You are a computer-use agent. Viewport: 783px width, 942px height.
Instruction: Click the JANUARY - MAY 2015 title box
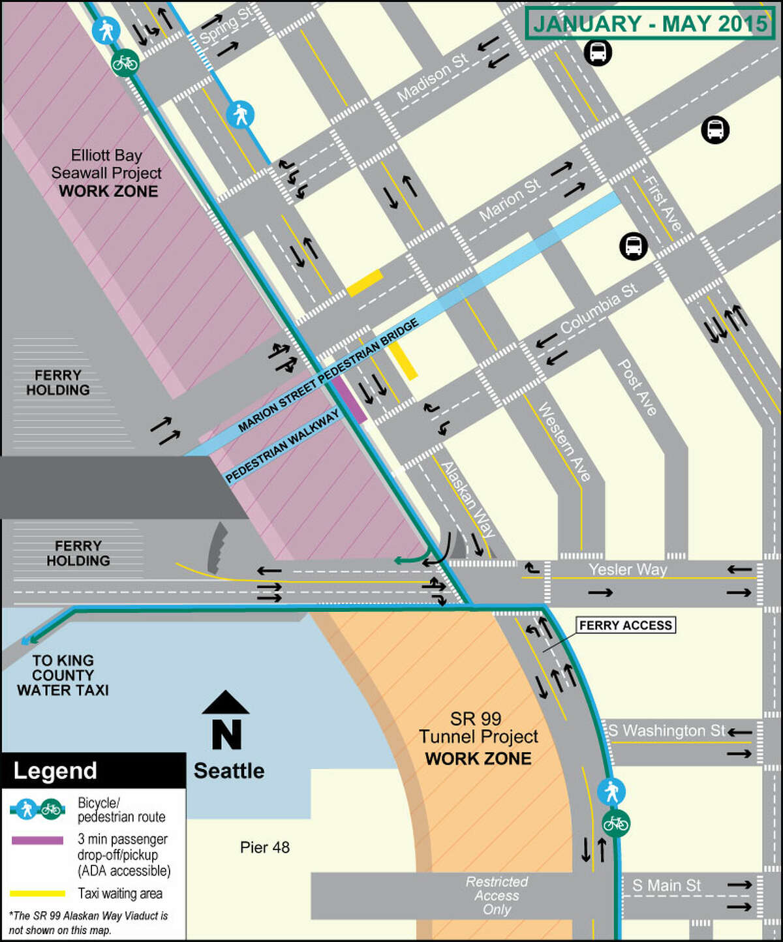[x=649, y=24]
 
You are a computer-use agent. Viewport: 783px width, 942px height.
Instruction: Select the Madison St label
[x=433, y=78]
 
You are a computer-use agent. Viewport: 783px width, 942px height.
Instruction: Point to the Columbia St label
[x=599, y=309]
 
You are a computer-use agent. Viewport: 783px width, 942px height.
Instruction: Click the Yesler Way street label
[x=628, y=570]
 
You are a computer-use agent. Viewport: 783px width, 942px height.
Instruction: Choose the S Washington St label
[x=667, y=731]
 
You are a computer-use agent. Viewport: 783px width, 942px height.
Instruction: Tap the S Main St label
[x=666, y=885]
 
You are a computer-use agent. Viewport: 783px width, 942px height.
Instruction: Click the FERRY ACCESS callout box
[x=625, y=625]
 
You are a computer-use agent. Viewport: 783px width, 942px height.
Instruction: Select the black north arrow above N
[x=225, y=703]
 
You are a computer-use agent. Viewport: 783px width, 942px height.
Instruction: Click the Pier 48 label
[x=265, y=847]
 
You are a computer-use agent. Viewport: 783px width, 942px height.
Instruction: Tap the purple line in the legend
[x=37, y=840]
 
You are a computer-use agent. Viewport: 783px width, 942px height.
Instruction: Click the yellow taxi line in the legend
[x=37, y=893]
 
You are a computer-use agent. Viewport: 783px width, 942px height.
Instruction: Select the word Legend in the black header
[x=55, y=770]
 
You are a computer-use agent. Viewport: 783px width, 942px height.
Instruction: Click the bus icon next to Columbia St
[x=633, y=247]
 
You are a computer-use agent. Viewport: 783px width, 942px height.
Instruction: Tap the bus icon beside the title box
[x=598, y=52]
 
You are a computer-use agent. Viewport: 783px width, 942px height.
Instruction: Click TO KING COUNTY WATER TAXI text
[x=63, y=675]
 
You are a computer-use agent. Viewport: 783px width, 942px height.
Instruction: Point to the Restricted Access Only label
[x=497, y=895]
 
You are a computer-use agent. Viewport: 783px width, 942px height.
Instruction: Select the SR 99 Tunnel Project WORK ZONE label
[x=478, y=738]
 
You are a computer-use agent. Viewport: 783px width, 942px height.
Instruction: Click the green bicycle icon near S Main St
[x=615, y=823]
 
